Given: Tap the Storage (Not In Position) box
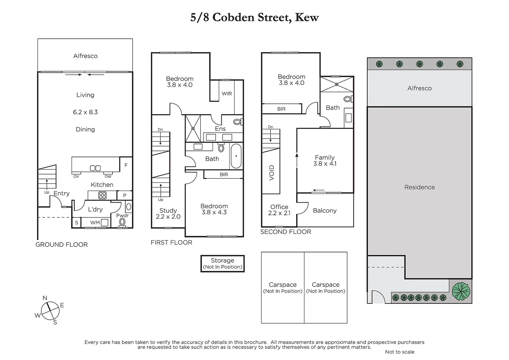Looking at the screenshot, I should [x=223, y=264].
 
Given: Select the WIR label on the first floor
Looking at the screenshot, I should [x=227, y=94].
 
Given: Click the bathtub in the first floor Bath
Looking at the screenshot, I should [x=236, y=156].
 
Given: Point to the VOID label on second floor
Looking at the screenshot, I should [x=271, y=173].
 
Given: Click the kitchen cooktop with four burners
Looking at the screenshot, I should [x=102, y=195].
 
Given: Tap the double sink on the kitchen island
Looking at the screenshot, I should [x=95, y=168].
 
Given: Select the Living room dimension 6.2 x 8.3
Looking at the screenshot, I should [x=85, y=112].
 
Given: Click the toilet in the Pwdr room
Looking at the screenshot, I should [x=122, y=222].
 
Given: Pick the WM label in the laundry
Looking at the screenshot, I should [x=95, y=223].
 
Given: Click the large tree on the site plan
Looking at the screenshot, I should [x=461, y=291].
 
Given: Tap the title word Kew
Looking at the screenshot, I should [x=307, y=17].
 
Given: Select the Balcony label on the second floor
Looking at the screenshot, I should [x=325, y=211].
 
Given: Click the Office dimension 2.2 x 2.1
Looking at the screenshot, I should [x=279, y=213].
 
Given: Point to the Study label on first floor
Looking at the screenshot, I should [x=168, y=211].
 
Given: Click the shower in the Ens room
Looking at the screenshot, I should [x=193, y=128].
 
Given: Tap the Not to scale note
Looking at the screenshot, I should [x=399, y=352].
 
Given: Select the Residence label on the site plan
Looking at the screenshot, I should [x=419, y=187].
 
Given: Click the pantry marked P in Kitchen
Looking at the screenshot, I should [x=125, y=196].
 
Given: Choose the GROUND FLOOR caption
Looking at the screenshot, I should [x=62, y=245].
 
